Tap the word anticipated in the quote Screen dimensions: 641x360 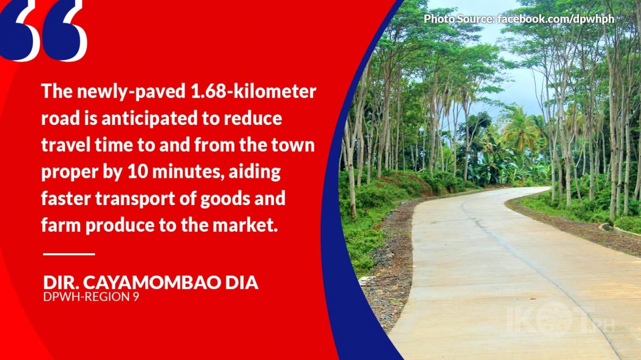[150, 119]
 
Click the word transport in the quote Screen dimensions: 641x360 [135, 199]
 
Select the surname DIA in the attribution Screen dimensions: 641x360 [241, 283]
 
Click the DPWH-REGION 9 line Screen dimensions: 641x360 [91, 297]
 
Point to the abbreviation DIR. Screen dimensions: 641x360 [61, 283]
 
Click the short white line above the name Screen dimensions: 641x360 [69, 254]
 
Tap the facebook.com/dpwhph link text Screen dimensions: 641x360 [556, 19]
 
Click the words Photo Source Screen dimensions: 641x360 [459, 19]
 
